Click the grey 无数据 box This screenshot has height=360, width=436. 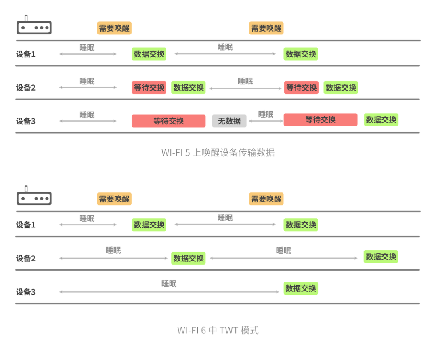(x=229, y=121)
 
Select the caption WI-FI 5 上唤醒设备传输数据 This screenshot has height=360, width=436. (x=218, y=153)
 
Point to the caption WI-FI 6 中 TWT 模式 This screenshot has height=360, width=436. (x=218, y=330)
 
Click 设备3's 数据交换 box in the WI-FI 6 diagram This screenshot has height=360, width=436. (x=301, y=288)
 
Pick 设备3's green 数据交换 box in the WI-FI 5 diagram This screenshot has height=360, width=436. (x=381, y=120)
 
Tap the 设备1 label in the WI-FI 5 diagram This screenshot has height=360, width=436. (x=26, y=54)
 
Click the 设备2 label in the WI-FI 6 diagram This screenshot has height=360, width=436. (x=26, y=259)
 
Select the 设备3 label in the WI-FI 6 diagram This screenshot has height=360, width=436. (x=26, y=292)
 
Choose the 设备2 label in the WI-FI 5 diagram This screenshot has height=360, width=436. (x=26, y=88)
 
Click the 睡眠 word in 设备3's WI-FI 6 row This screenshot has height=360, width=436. (x=169, y=284)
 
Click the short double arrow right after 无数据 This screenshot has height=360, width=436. (x=265, y=121)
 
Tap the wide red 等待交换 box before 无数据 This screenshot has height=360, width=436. (x=168, y=121)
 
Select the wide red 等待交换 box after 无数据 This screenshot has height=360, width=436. (x=321, y=120)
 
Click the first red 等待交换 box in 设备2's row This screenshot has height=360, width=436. (x=149, y=88)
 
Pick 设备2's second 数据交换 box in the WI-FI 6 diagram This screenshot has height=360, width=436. (x=381, y=257)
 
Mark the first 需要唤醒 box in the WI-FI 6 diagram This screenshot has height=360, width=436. (x=114, y=199)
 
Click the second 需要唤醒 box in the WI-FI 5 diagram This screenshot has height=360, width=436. (x=266, y=28)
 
